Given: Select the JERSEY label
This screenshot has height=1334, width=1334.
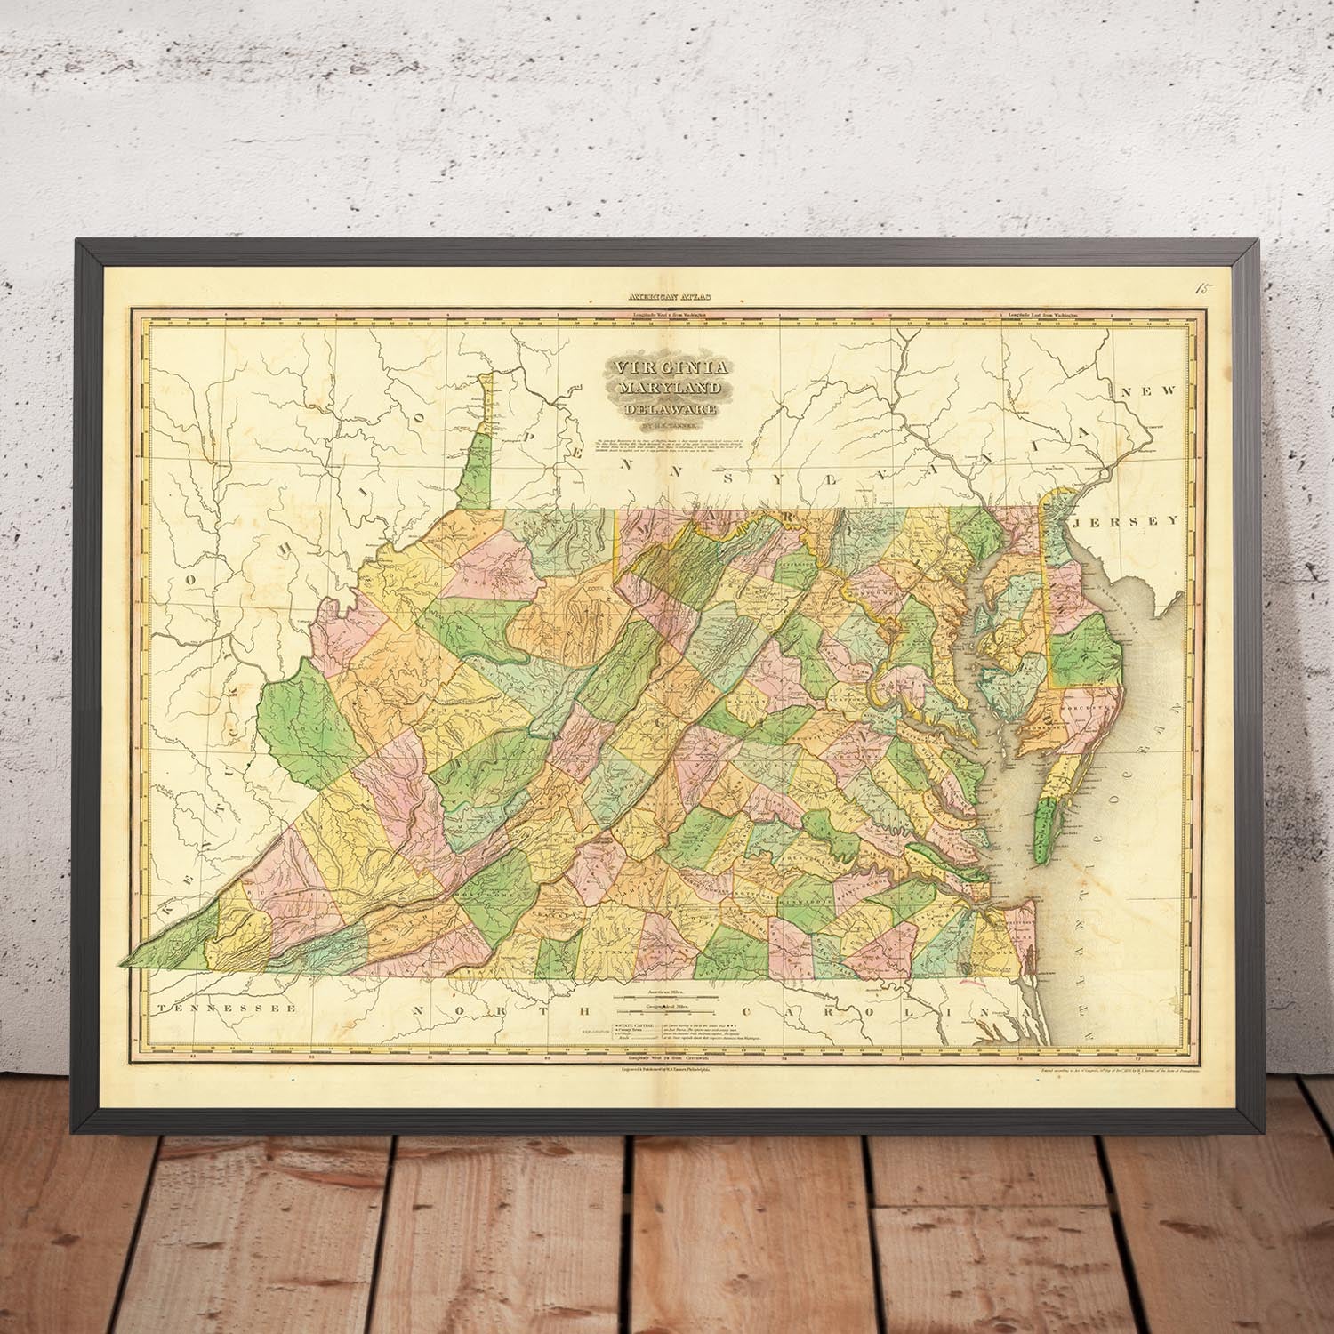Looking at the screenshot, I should tap(1126, 521).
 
